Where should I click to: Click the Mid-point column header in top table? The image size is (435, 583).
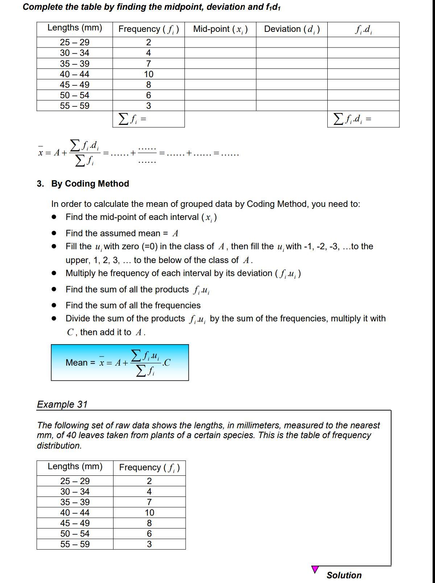click(x=220, y=29)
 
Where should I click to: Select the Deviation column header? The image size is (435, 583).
click(x=291, y=29)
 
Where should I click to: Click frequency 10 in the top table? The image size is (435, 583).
click(x=149, y=74)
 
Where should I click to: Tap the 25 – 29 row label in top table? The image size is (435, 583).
click(x=75, y=42)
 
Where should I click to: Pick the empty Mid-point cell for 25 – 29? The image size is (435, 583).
click(x=220, y=42)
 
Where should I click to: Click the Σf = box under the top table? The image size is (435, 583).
click(x=149, y=119)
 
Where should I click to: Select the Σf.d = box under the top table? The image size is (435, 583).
click(x=363, y=119)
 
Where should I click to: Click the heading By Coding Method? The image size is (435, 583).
click(x=90, y=184)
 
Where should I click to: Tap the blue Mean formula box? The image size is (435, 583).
click(x=120, y=362)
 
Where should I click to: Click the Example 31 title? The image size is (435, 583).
click(x=62, y=404)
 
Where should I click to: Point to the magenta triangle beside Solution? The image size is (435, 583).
click(x=315, y=569)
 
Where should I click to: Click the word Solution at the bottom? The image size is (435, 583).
click(x=344, y=575)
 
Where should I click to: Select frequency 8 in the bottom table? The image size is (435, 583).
click(x=149, y=523)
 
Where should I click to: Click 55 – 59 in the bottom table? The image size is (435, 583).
click(x=75, y=544)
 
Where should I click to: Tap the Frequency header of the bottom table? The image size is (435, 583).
click(x=149, y=468)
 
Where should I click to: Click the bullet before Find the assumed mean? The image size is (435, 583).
click(x=54, y=233)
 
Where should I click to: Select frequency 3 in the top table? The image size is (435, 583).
click(x=149, y=106)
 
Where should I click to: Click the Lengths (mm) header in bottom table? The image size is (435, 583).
click(x=75, y=467)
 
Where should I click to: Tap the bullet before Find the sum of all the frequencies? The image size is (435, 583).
click(x=54, y=305)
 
